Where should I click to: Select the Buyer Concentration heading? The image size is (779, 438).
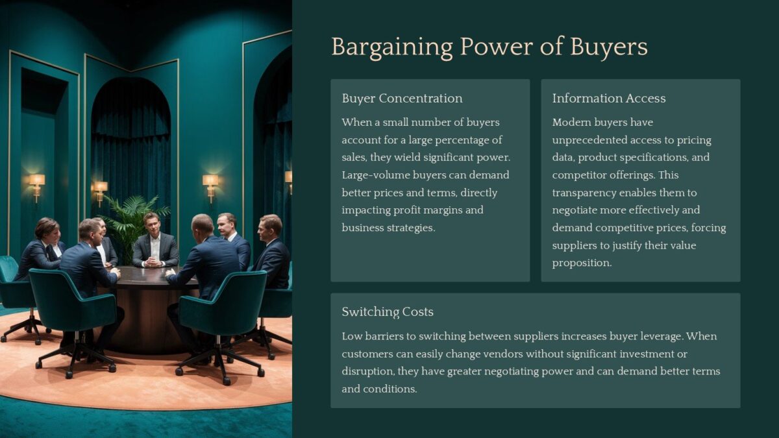(x=402, y=99)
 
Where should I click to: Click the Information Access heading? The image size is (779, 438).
(x=608, y=99)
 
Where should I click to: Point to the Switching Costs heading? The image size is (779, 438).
(x=387, y=312)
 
